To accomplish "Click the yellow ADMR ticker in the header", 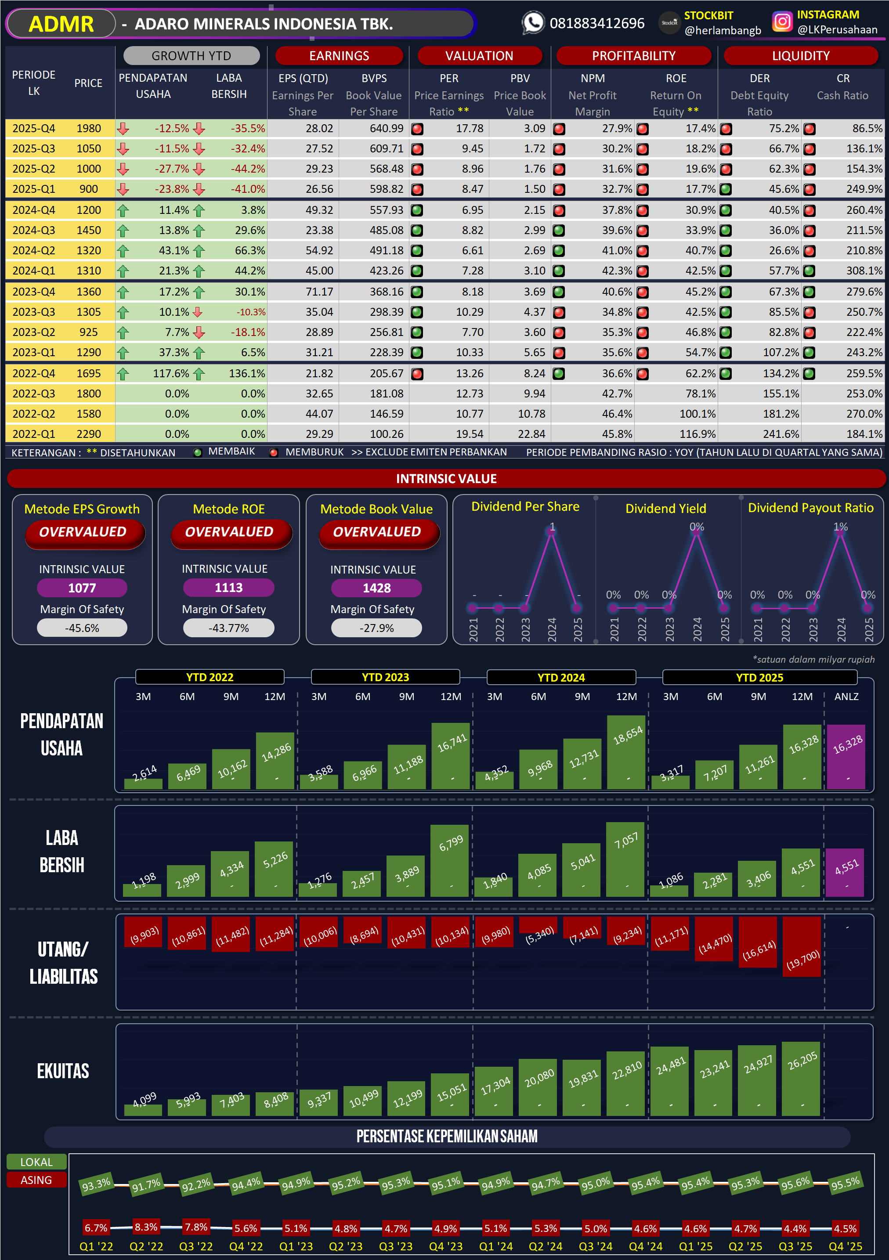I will click(x=61, y=24).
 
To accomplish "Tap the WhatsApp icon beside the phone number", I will click(x=533, y=23).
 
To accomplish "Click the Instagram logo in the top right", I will click(x=782, y=22).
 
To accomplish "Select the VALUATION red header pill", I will click(x=479, y=56).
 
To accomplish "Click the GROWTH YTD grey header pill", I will click(x=191, y=56).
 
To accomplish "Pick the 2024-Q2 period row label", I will click(x=34, y=251).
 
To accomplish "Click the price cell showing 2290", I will click(x=88, y=434).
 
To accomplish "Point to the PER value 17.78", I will click(x=469, y=128).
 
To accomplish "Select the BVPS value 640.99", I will click(x=386, y=128).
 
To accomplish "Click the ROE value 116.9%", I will click(x=697, y=434).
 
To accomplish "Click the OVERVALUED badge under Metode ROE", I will click(x=229, y=532).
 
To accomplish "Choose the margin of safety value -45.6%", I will click(x=82, y=628).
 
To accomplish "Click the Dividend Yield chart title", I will click(x=666, y=509).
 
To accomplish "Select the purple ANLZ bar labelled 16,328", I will click(x=846, y=757).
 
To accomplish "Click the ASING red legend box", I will click(x=36, y=1180).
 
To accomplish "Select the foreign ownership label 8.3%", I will click(x=146, y=1227).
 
